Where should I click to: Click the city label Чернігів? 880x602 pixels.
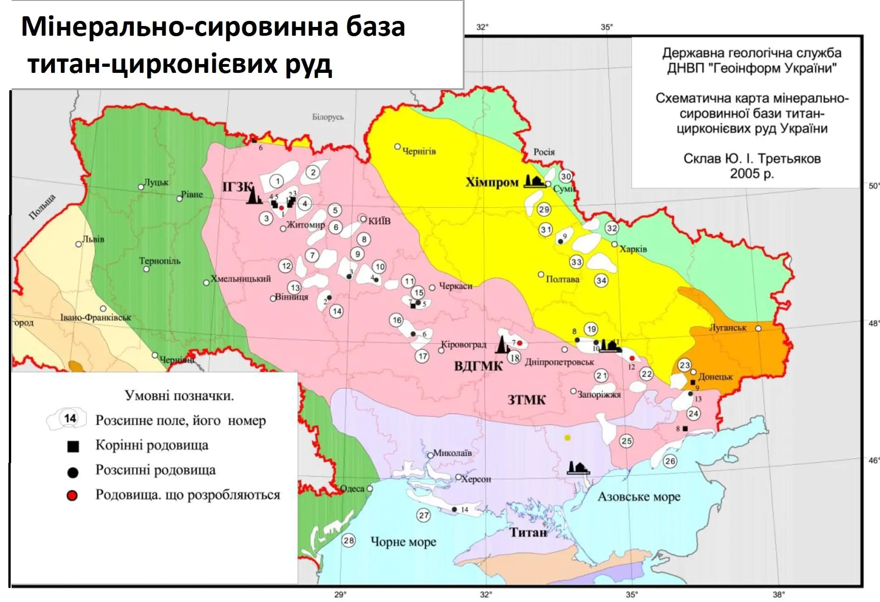[x=419, y=151]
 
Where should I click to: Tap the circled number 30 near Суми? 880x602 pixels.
[x=565, y=176]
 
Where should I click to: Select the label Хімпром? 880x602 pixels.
[x=492, y=182]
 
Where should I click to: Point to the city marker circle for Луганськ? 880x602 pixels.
[x=758, y=328]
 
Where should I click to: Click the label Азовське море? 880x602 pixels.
[x=639, y=497]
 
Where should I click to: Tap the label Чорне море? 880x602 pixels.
[x=403, y=542]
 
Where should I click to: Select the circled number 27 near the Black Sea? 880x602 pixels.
[x=424, y=515]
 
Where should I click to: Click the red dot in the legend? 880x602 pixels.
[x=72, y=496]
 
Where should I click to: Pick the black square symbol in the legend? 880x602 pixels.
[x=73, y=447]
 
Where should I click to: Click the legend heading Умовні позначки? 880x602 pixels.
[x=179, y=396]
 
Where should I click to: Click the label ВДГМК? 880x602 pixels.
[x=478, y=366]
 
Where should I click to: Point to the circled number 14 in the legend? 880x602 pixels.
[x=70, y=419]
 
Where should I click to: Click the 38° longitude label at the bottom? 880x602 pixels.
[x=778, y=595]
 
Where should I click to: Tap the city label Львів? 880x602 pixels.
[x=93, y=240]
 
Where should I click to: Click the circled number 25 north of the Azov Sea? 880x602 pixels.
[x=626, y=441]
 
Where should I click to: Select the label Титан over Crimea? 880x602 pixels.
[x=528, y=532]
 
